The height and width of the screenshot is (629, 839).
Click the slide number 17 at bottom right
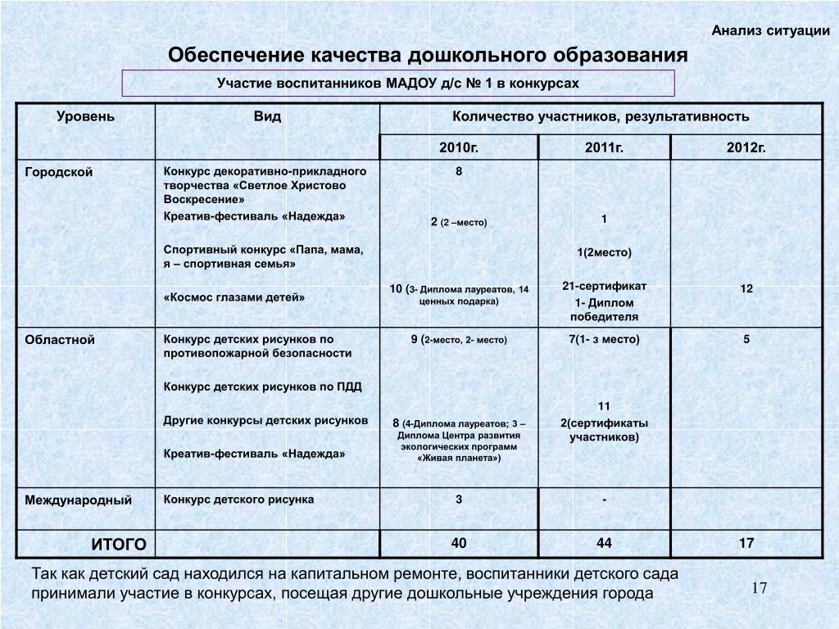[759, 589]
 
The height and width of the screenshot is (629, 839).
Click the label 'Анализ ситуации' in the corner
[770, 31]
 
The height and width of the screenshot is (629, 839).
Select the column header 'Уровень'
[85, 116]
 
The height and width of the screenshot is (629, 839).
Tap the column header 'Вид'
[267, 116]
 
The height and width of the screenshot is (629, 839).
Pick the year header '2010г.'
[459, 147]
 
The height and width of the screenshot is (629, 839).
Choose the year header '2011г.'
[604, 147]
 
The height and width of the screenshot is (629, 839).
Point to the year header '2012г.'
[746, 147]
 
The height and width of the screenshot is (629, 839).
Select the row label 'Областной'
[60, 339]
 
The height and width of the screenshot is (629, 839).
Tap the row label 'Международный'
[78, 500]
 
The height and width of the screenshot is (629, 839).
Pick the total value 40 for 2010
[459, 543]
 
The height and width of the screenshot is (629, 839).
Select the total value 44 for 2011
[604, 543]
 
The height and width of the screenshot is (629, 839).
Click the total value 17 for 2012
[746, 543]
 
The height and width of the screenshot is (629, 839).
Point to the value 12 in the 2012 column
[746, 290]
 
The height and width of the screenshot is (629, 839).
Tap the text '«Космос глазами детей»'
[234, 297]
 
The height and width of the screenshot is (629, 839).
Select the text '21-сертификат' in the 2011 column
[604, 286]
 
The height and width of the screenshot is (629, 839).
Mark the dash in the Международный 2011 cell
[604, 500]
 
